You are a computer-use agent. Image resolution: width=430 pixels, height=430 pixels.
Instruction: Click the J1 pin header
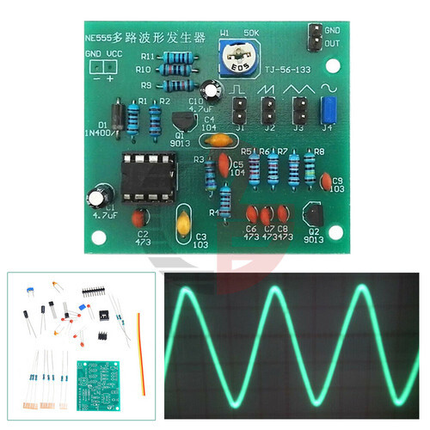coord(239,109)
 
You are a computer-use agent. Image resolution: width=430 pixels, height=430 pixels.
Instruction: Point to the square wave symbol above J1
coord(238,89)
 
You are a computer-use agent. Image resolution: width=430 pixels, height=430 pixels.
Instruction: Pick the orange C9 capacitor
coord(327,181)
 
